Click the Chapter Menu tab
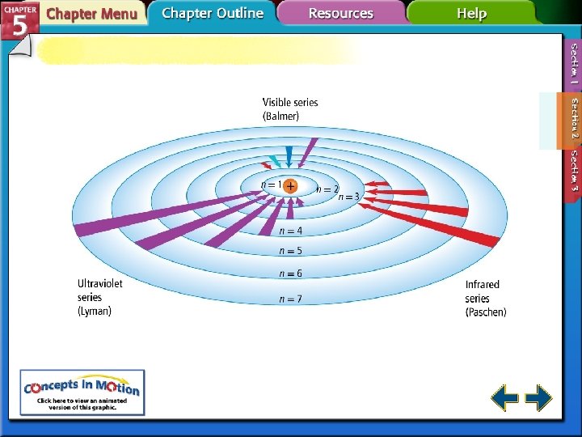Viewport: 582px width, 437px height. tap(91, 14)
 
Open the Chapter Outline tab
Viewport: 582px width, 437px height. tap(212, 13)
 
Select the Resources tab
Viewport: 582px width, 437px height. tap(341, 14)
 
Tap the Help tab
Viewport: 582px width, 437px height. tap(471, 14)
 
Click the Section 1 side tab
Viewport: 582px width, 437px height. tap(573, 65)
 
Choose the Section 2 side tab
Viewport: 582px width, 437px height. tap(573, 119)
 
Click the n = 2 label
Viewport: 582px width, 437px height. tap(327, 189)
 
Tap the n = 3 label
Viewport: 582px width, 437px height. tap(348, 196)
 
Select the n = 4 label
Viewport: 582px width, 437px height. tap(290, 231)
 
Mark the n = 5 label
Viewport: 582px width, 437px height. tap(290, 251)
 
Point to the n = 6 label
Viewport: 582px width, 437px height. tap(290, 274)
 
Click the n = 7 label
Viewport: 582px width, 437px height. tap(290, 299)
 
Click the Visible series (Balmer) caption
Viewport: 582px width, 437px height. tap(290, 109)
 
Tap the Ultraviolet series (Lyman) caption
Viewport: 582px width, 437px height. tap(100, 297)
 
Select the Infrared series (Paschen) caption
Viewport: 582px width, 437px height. tap(485, 298)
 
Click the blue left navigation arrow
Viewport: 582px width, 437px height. tap(505, 398)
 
